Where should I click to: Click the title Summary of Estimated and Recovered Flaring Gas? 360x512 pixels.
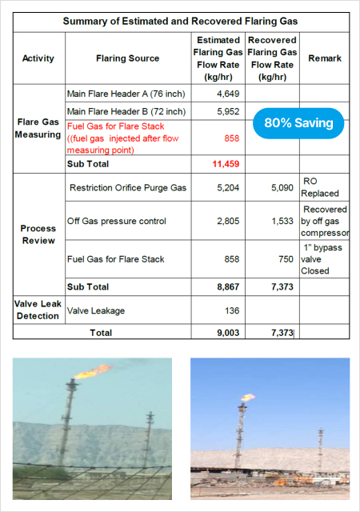pyautogui.click(x=179, y=21)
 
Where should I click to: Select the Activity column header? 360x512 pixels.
pyautogui.click(x=38, y=58)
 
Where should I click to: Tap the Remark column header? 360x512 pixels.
pyautogui.click(x=324, y=58)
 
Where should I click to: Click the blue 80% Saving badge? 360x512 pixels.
pyautogui.click(x=298, y=124)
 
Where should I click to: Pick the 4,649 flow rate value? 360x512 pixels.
pyautogui.click(x=228, y=94)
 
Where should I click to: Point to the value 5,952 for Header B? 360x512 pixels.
pyautogui.click(x=228, y=112)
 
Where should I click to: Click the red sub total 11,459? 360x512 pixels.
pyautogui.click(x=227, y=164)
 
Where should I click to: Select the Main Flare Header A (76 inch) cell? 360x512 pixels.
pyautogui.click(x=126, y=94)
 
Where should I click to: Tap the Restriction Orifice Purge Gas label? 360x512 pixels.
pyautogui.click(x=128, y=188)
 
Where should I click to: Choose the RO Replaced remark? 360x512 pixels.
pyautogui.click(x=321, y=187)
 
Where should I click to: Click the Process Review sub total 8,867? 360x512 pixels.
pyautogui.click(x=227, y=286)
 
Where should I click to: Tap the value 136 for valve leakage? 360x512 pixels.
pyautogui.click(x=232, y=310)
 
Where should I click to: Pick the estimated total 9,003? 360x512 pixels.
pyautogui.click(x=227, y=333)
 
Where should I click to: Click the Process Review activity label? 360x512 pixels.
pyautogui.click(x=38, y=234)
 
